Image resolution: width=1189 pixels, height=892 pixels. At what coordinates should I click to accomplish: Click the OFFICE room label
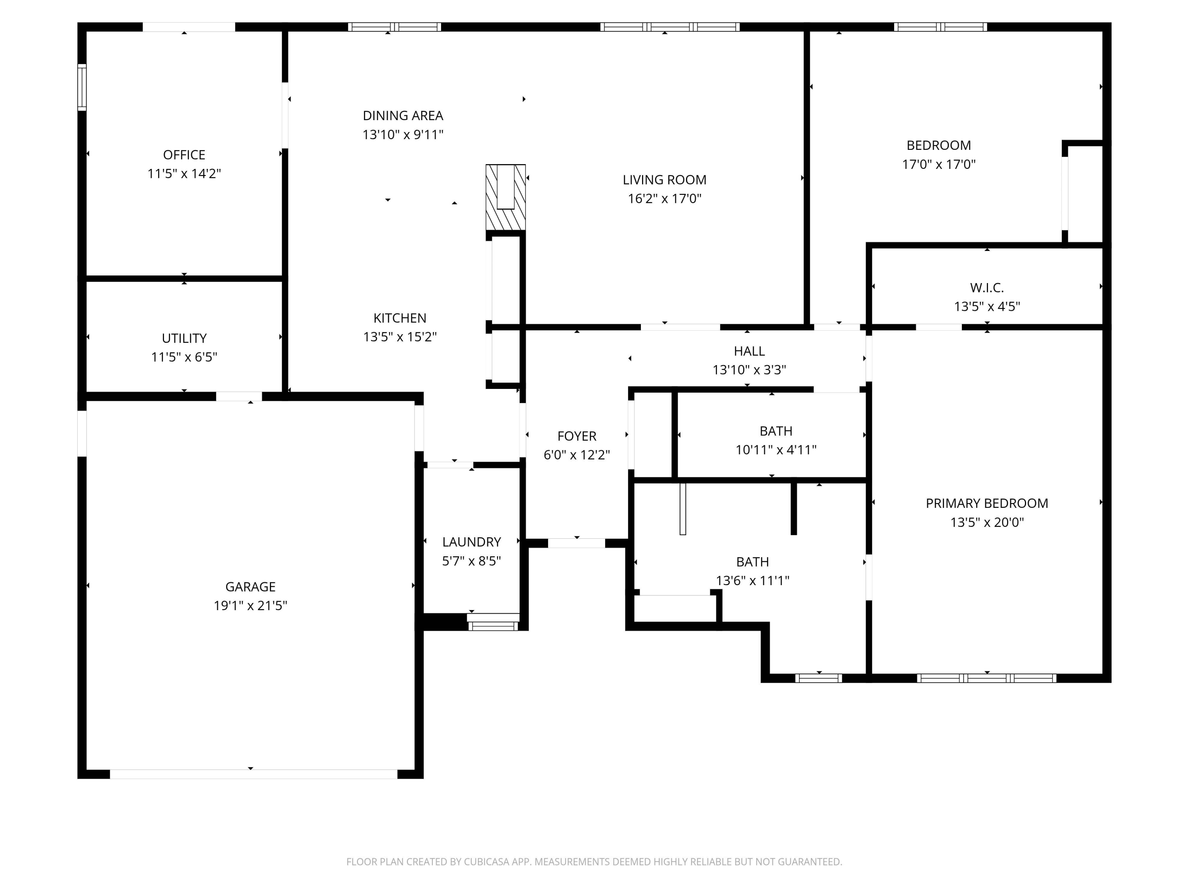pyautogui.click(x=184, y=155)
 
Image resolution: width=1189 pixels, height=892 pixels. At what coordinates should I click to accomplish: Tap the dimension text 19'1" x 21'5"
pyautogui.click(x=250, y=605)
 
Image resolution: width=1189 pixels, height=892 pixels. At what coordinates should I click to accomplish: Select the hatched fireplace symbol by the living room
pyautogui.click(x=505, y=197)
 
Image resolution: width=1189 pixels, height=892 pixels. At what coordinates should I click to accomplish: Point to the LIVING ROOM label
pyautogui.click(x=664, y=180)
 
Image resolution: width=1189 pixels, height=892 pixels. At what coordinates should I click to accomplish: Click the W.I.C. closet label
pyautogui.click(x=986, y=288)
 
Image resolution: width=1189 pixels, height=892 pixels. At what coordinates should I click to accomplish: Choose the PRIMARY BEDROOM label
pyautogui.click(x=986, y=503)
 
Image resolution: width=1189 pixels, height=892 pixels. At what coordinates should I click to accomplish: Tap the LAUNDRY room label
pyautogui.click(x=471, y=542)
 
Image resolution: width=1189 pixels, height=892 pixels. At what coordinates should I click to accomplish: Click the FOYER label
pyautogui.click(x=576, y=436)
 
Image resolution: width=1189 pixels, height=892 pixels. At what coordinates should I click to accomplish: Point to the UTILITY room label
pyautogui.click(x=184, y=338)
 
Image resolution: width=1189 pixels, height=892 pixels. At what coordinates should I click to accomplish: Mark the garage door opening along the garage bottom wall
pyautogui.click(x=253, y=774)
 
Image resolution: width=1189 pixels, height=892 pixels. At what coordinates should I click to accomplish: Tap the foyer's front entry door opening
pyautogui.click(x=576, y=543)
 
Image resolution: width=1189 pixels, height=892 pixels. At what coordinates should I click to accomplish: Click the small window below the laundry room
pyautogui.click(x=493, y=626)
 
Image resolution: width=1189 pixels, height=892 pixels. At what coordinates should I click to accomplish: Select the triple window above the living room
pyautogui.click(x=669, y=27)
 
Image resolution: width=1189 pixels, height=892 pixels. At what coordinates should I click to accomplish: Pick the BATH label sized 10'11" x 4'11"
pyautogui.click(x=776, y=431)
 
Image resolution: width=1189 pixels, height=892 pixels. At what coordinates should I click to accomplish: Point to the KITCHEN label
pyautogui.click(x=400, y=318)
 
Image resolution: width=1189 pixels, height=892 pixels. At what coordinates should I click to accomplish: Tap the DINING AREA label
pyautogui.click(x=403, y=116)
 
